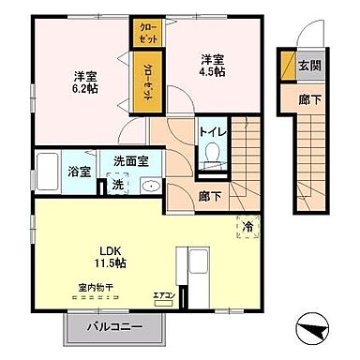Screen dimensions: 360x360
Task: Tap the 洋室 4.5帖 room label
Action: tap(211, 67)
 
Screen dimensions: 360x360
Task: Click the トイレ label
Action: tap(211, 132)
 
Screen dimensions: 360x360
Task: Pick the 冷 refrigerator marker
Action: tap(248, 226)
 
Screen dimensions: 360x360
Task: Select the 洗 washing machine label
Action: tap(117, 184)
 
